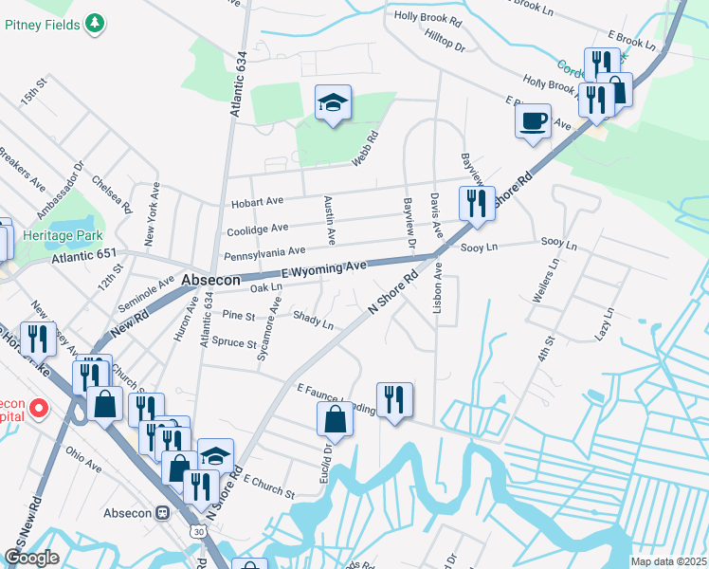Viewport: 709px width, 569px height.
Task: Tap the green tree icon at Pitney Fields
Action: [94, 22]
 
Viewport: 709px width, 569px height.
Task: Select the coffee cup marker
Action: [533, 120]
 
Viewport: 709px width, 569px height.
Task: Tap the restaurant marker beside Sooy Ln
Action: [477, 204]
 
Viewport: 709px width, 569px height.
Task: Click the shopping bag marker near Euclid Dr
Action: [336, 418]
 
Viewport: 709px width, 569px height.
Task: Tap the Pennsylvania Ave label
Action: [264, 252]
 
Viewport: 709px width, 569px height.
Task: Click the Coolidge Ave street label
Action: [257, 229]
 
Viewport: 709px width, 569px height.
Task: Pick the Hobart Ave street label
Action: [257, 202]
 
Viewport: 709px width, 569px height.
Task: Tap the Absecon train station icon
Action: [162, 513]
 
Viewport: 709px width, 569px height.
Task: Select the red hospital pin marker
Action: [39, 409]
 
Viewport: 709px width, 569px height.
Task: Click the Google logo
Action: [31, 558]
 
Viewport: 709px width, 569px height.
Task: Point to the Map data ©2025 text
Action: [667, 561]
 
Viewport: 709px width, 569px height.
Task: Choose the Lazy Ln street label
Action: [604, 324]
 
